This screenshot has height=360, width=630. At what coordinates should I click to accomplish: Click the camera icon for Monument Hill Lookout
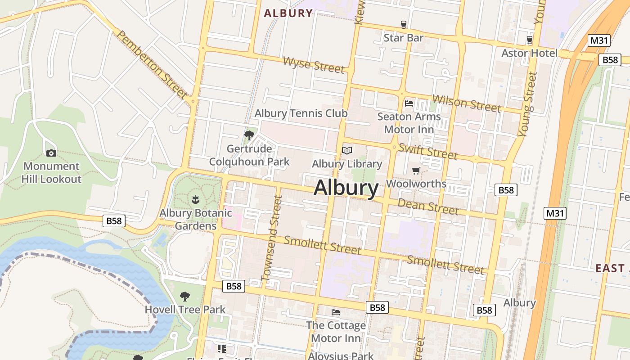coord(51,153)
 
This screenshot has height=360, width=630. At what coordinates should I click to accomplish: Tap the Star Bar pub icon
coord(403,24)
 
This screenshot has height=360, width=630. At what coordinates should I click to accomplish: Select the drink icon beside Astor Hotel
coord(529,40)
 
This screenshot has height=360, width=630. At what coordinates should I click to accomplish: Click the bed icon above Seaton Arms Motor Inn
coord(409,103)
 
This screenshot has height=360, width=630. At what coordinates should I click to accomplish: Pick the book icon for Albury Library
coord(346,150)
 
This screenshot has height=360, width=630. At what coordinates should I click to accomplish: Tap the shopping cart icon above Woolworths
coord(416,171)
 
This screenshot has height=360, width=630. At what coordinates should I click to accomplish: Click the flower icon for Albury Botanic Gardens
coord(195,198)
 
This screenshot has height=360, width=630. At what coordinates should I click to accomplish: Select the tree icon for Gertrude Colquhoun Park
coord(249,135)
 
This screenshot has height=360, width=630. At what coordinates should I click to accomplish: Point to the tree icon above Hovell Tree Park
coord(184,296)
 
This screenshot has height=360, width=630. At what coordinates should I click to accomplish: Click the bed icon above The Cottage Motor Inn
coord(336,312)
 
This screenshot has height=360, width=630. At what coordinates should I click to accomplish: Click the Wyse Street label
coord(314,65)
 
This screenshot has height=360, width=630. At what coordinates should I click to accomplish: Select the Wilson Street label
coord(466,103)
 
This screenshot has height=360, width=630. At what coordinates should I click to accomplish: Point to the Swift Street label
coord(427,151)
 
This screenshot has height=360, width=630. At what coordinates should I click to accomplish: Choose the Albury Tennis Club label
coord(301,113)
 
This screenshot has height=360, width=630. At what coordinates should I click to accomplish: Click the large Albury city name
coord(346,188)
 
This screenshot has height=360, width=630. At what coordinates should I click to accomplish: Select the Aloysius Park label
coord(341,356)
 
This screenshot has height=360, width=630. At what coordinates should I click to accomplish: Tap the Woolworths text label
coord(416,184)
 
